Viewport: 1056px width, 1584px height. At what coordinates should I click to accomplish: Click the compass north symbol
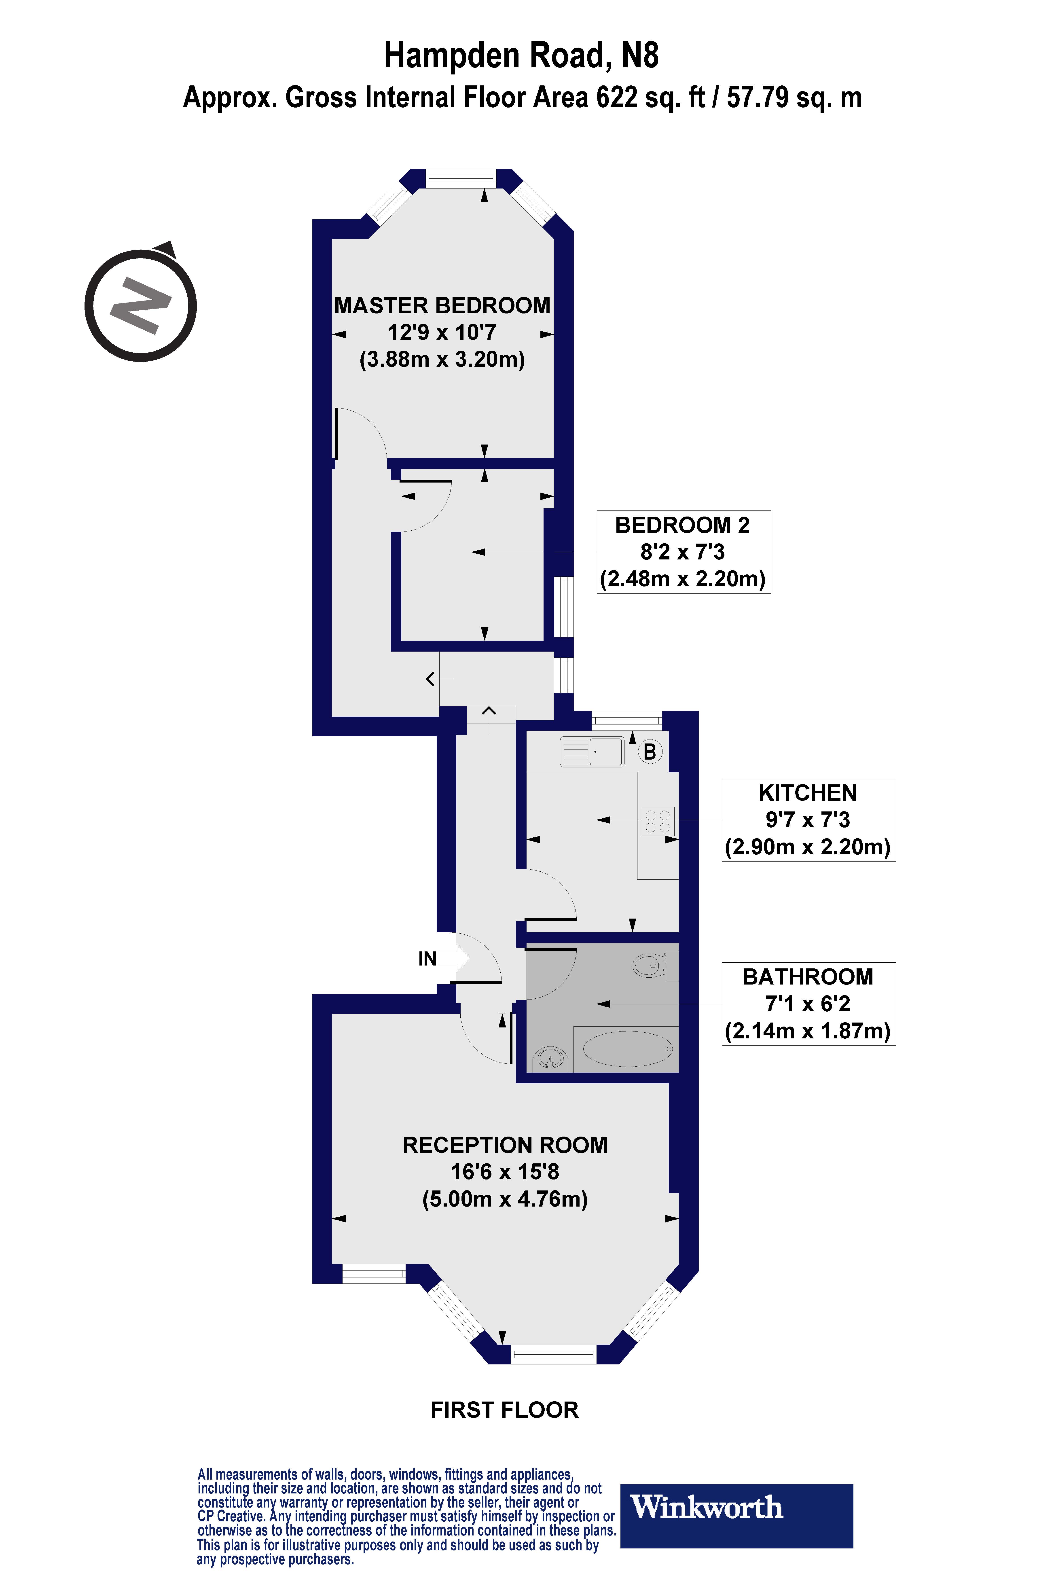pyautogui.click(x=141, y=305)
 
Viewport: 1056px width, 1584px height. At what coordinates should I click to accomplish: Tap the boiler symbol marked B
pyautogui.click(x=650, y=752)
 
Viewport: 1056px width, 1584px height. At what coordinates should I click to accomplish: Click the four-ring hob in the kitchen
pyautogui.click(x=657, y=821)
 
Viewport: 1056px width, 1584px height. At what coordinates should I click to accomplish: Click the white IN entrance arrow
pyautogui.click(x=455, y=958)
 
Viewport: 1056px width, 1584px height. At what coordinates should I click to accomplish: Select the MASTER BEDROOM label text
pyautogui.click(x=442, y=306)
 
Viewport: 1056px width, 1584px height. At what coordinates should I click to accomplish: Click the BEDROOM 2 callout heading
pyautogui.click(x=682, y=525)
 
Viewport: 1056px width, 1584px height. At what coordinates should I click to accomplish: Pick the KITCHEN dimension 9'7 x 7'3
pyautogui.click(x=808, y=820)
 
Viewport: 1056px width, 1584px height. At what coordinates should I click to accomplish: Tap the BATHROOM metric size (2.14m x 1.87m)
pyautogui.click(x=808, y=1031)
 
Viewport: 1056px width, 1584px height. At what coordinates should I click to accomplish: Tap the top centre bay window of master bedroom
pyautogui.click(x=461, y=179)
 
